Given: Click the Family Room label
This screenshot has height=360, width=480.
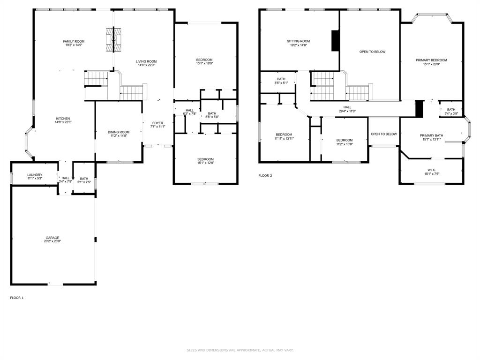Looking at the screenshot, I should click(74, 42).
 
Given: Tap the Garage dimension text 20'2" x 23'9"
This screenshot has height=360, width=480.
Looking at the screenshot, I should click(52, 241).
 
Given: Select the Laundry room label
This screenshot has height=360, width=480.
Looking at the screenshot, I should click(35, 175).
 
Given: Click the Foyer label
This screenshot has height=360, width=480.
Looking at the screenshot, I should click(157, 123).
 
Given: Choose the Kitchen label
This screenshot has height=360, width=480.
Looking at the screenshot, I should click(63, 119).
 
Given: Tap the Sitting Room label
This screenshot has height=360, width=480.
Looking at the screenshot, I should click(299, 41).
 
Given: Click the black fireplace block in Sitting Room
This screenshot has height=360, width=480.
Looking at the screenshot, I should click(335, 41).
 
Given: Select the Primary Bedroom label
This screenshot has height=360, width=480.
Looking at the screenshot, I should click(431, 60).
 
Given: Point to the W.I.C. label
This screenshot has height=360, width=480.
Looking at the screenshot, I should click(431, 170).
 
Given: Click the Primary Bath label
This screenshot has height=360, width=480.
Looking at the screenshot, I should click(431, 135).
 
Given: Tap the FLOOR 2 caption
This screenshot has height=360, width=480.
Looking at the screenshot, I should click(265, 176).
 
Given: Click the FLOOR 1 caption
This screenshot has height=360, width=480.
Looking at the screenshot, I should click(17, 298).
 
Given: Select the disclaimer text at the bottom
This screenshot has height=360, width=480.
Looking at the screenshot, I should click(240, 350).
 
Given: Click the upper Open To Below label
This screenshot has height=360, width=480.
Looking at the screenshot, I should click(372, 52).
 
